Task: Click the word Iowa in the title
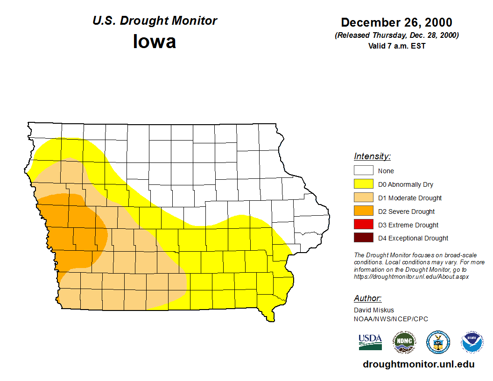coord(155,42)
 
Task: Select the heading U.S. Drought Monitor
coord(155,21)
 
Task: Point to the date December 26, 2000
coord(396,22)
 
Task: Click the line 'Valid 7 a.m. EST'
coord(396,46)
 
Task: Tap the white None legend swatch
coord(363,170)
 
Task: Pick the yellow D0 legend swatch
coord(363,184)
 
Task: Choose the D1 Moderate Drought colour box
coord(363,198)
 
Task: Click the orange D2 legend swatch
coord(363,211)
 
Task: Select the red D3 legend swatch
coord(363,225)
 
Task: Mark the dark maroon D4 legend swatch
coord(363,238)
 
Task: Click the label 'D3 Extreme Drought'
coord(408,225)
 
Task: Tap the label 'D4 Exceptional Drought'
coord(413,238)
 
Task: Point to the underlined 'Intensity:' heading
coord(372,156)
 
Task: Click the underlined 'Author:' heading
coord(368,298)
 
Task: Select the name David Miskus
coord(374,310)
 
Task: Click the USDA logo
coord(370,342)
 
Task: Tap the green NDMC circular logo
coord(404,342)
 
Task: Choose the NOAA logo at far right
coord(472,342)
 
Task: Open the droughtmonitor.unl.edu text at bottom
coord(418,365)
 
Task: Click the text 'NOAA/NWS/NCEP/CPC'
coord(391,319)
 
